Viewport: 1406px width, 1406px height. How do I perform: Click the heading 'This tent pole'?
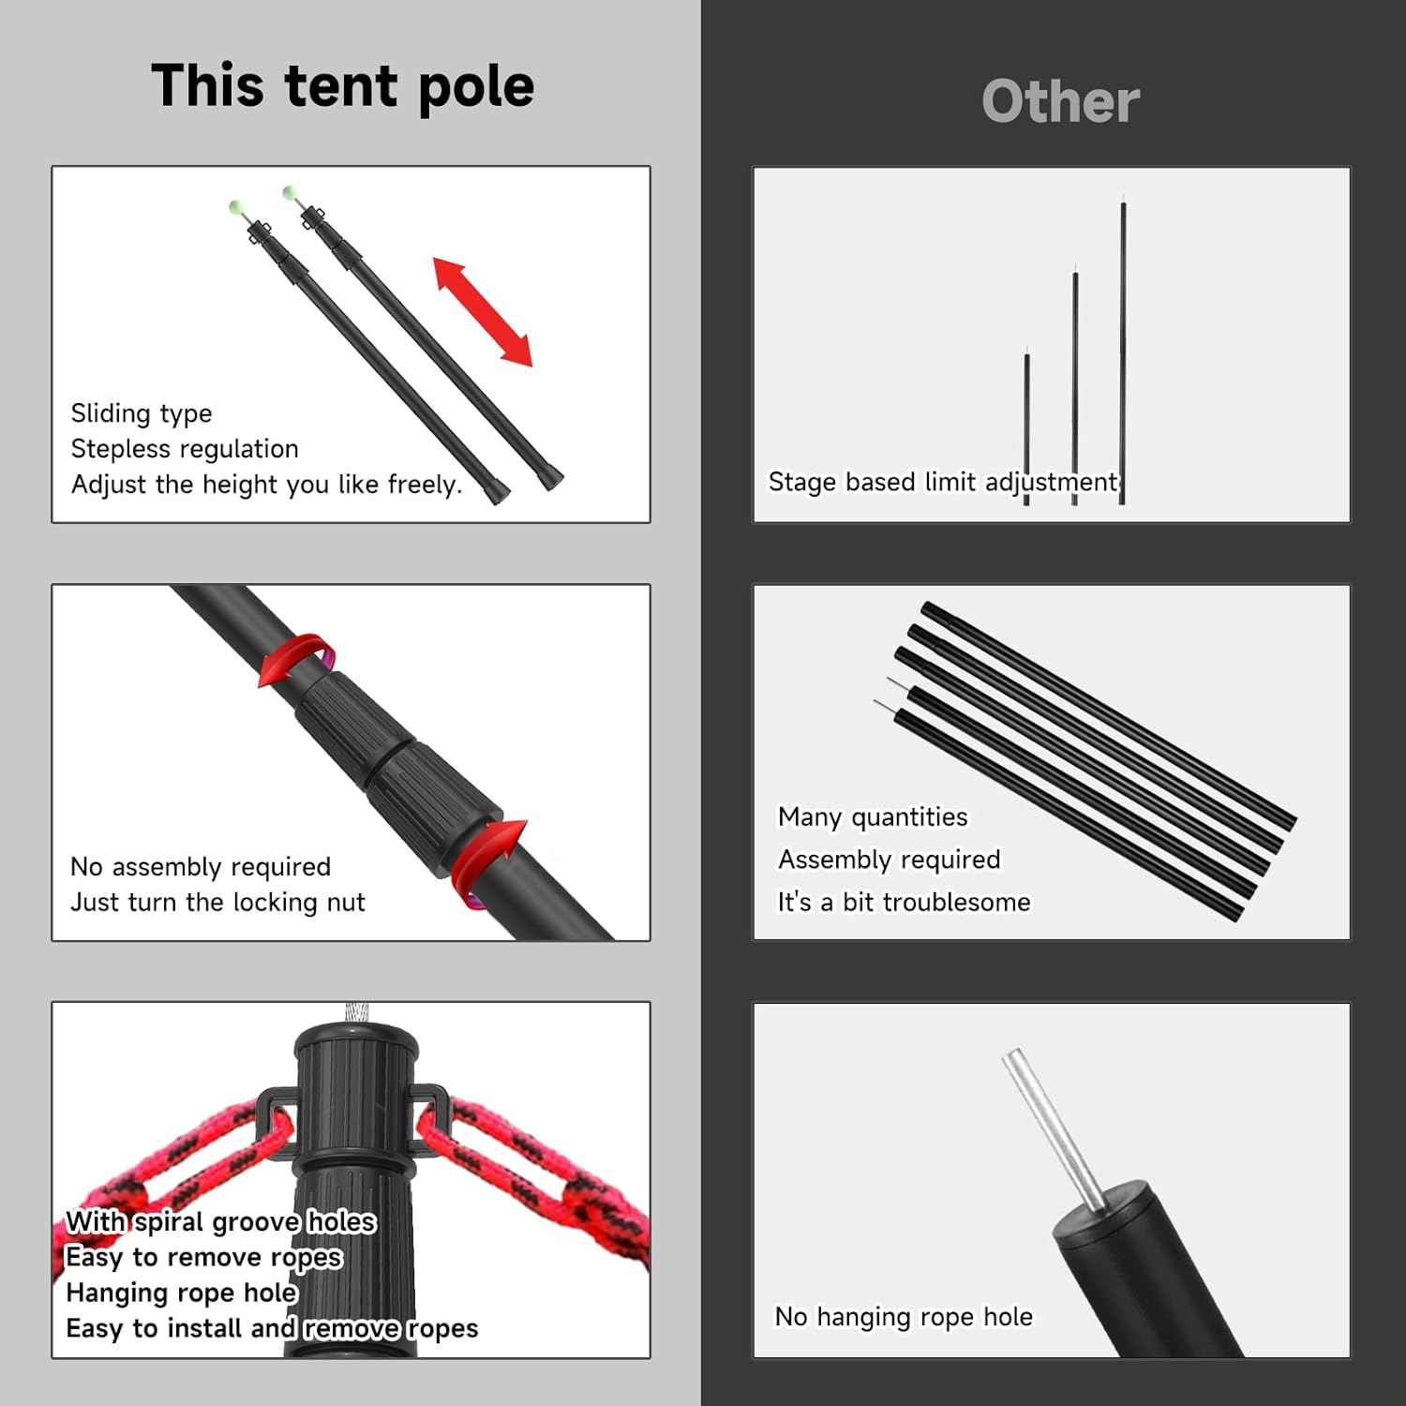342,86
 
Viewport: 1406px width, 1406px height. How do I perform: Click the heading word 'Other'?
1060,101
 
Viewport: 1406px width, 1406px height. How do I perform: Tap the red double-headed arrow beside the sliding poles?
483,311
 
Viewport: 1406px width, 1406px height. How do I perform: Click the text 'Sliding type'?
142,413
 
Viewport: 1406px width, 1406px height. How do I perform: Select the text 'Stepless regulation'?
185,449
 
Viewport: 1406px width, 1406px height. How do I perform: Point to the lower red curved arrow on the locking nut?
489,860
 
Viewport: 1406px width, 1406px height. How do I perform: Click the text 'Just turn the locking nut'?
217,903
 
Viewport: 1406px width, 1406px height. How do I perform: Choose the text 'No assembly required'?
201,867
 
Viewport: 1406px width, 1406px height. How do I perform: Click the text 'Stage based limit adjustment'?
943,482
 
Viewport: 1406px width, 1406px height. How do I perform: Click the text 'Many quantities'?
873,817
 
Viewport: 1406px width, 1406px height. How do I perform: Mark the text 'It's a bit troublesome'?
904,902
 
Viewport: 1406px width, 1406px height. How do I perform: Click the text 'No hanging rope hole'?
904,1317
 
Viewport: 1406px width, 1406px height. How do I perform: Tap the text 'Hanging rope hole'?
182,1294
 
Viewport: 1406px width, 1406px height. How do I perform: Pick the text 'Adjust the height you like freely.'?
267,485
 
